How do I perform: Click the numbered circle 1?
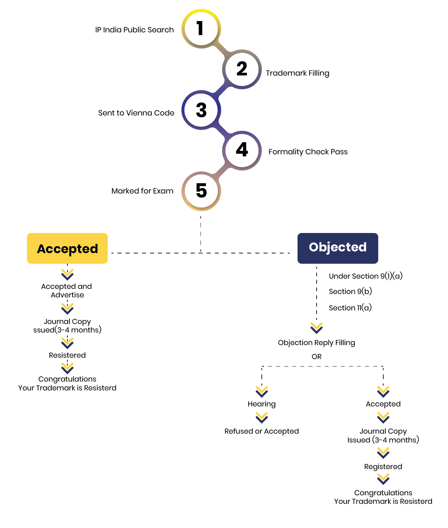click(201, 29)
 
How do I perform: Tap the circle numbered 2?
click(242, 69)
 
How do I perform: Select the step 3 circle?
click(201, 110)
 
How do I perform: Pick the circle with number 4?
click(242, 150)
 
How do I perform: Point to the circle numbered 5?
click(201, 191)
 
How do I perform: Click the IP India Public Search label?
click(134, 30)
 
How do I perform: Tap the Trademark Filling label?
click(298, 73)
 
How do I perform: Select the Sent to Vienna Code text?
click(136, 113)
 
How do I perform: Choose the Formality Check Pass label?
click(308, 152)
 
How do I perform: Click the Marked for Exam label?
click(142, 191)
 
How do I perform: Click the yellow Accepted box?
click(67, 248)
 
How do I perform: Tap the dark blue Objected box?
click(338, 248)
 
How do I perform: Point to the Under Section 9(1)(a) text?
click(366, 276)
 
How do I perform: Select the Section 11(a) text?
click(350, 308)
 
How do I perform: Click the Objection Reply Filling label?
click(317, 343)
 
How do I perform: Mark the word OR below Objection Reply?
click(317, 357)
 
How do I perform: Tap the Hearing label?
click(262, 404)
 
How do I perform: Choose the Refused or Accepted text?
click(262, 431)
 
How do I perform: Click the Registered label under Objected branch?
click(383, 467)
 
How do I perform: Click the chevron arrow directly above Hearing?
click(262, 391)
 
